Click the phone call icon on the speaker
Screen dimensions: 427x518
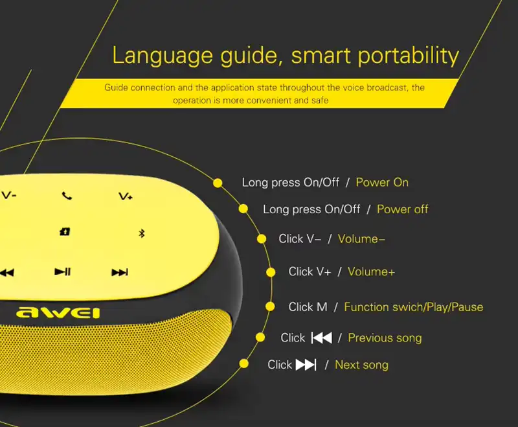67,196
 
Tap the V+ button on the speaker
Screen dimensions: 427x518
126,196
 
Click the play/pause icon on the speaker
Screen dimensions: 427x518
63,272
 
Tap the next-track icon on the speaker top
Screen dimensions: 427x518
120,272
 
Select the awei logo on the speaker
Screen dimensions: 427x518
58,312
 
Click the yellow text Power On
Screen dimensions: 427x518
382,183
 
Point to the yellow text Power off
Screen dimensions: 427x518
402,209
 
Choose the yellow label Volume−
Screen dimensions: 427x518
361,239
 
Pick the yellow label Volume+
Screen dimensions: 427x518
371,271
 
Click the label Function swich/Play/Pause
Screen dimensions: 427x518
413,307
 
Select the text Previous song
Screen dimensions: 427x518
385,338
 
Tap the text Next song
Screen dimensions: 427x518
361,365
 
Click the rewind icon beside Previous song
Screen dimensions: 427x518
322,338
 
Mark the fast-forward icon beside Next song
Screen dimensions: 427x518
306,365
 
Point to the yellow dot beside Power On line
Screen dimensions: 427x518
218,183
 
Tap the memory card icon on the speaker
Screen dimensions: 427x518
65,232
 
